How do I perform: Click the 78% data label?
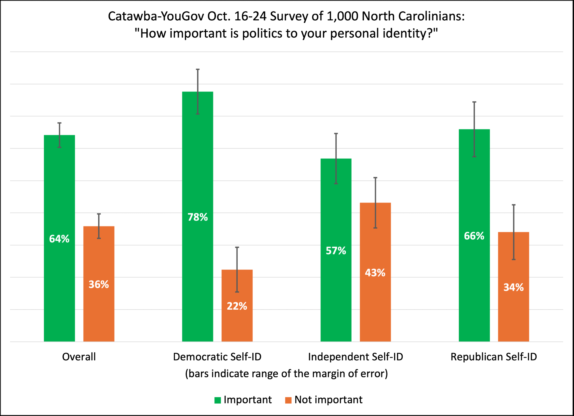(197, 217)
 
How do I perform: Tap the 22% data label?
(237, 306)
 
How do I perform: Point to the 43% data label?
(375, 273)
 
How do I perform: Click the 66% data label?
(474, 236)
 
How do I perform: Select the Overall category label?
(79, 357)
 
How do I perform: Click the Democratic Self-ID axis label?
(217, 357)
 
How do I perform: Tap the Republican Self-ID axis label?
(494, 357)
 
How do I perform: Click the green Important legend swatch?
(218, 400)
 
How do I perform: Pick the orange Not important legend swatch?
(288, 400)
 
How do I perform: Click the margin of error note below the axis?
(286, 374)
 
